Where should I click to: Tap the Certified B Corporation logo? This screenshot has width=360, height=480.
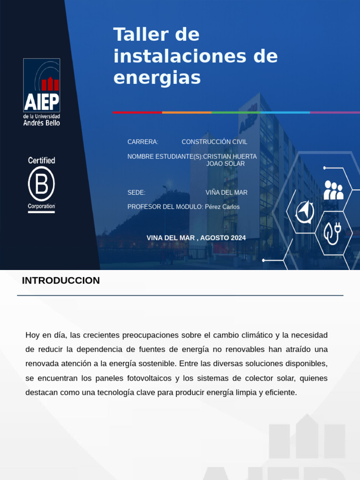click(x=41, y=185)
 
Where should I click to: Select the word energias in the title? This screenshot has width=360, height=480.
click(x=157, y=78)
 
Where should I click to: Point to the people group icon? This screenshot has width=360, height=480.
click(x=333, y=190)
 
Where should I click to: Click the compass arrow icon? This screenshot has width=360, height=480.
click(x=305, y=212)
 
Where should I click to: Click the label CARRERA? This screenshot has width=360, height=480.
click(x=143, y=142)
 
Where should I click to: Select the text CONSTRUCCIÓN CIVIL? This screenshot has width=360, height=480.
click(x=214, y=142)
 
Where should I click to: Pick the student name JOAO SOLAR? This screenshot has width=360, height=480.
click(x=225, y=164)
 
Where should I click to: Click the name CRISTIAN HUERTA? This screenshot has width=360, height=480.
click(x=230, y=157)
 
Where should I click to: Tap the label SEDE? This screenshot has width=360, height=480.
click(x=136, y=193)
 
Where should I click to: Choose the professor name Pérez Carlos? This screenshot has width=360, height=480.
click(x=222, y=207)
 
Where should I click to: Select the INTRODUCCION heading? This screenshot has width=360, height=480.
click(x=61, y=281)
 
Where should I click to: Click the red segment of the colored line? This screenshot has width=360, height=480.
click(x=137, y=112)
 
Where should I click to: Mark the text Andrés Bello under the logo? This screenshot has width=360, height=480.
click(x=42, y=123)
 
